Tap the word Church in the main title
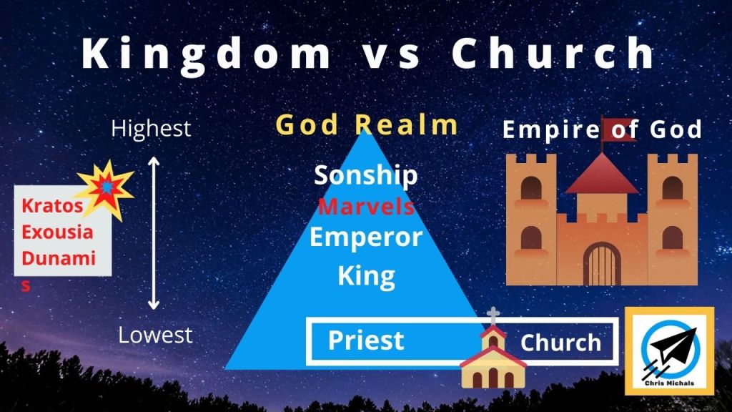[x=553, y=53]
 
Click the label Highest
[x=152, y=129]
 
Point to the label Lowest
[x=155, y=335]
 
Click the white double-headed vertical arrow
[x=154, y=233]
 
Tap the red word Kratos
[x=52, y=205]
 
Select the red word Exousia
[x=57, y=232]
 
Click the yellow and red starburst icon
[x=106, y=188]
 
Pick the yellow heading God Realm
[x=367, y=124]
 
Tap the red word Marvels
[x=366, y=207]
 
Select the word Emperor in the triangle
[x=366, y=237]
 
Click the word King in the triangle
[x=367, y=275]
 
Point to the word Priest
[x=365, y=340]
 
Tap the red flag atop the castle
[x=618, y=129]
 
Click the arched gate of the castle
[x=602, y=264]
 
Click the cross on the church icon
[x=493, y=315]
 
